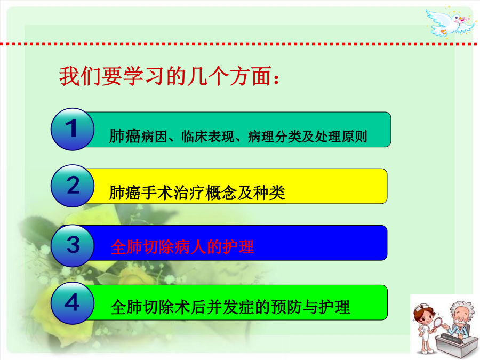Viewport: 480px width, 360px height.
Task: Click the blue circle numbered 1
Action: pyautogui.click(x=73, y=129)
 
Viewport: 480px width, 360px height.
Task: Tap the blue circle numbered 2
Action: pyautogui.click(x=73, y=186)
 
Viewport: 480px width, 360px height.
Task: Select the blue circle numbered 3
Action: pyautogui.click(x=73, y=246)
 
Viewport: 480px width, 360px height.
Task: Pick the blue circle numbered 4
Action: pyautogui.click(x=73, y=303)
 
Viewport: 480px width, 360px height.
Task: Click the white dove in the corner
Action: pyautogui.click(x=450, y=22)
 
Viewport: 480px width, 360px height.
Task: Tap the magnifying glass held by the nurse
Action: pyautogui.click(x=438, y=324)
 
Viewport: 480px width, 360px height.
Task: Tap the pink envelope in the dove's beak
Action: pyautogui.click(x=465, y=20)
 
